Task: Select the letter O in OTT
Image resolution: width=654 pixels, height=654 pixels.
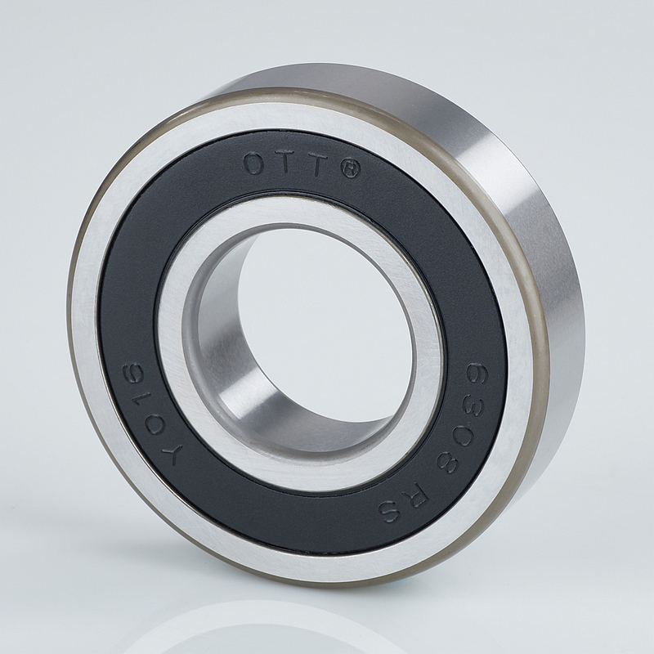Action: pos(255,164)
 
